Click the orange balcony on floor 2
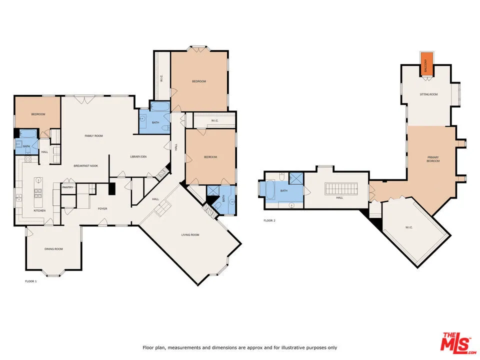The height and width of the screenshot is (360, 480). [x=426, y=64]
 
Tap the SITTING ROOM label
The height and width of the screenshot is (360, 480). [x=428, y=94]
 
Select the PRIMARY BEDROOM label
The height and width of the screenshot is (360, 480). [x=432, y=159]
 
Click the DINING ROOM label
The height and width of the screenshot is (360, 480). [x=53, y=249]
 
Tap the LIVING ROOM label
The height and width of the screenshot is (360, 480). [x=190, y=234]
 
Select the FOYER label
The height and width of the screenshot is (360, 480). [x=102, y=208]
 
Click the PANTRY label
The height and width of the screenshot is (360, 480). [x=67, y=187]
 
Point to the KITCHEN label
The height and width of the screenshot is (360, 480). [x=39, y=210]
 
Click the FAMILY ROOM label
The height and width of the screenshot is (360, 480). [x=93, y=135]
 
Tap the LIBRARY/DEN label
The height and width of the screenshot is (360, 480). [x=138, y=157]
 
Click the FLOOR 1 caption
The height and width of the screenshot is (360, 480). [x=31, y=281]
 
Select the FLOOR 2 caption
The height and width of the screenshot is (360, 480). [x=269, y=220]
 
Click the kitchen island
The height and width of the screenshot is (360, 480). [x=37, y=194]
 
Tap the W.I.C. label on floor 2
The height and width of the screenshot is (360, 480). [x=408, y=227]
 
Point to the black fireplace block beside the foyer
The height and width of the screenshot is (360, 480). [x=112, y=189]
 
